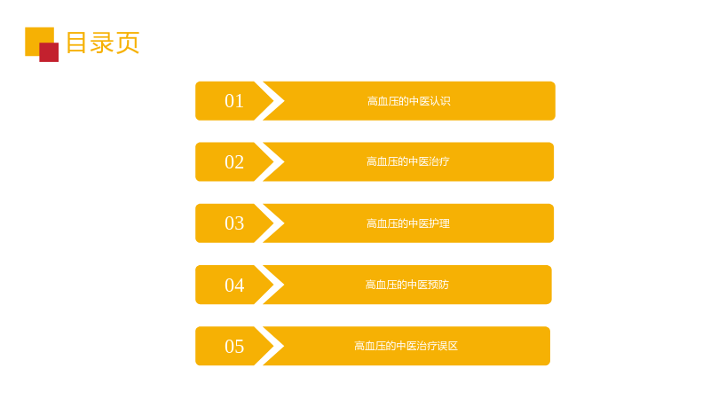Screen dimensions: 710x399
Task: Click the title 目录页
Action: click(103, 43)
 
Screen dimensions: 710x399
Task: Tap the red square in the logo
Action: click(49, 52)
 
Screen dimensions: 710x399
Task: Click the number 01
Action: click(234, 101)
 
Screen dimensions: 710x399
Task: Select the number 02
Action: click(234, 162)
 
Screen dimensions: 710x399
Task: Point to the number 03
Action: click(234, 223)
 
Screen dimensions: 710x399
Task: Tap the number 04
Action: click(234, 285)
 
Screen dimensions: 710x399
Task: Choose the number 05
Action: click(234, 346)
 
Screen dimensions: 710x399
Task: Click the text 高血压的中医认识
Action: click(409, 101)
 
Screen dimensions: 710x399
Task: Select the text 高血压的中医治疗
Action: click(408, 161)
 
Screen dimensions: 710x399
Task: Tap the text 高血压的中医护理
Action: click(408, 223)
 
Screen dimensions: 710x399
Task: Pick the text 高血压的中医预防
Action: click(407, 285)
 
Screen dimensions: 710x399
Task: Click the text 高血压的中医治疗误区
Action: click(406, 346)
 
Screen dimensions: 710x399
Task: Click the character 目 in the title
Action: click(77, 43)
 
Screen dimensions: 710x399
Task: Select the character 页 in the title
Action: click(128, 43)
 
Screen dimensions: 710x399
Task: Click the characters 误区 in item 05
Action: click(447, 346)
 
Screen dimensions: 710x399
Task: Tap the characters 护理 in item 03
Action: click(439, 223)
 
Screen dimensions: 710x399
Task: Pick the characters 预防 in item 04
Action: click(438, 285)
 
